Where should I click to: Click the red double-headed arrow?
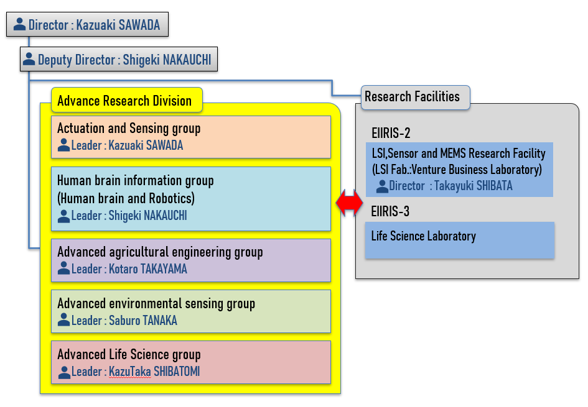[x=349, y=203]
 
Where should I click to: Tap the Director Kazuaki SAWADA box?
[x=87, y=24]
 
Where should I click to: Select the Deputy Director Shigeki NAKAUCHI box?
[x=119, y=59]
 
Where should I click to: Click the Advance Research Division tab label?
[x=127, y=100]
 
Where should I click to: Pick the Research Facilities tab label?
[x=415, y=98]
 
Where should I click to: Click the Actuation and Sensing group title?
[x=129, y=128]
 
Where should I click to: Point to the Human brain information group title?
[x=136, y=180]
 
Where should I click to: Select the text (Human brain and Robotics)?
[x=126, y=198]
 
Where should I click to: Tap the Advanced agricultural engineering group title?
[x=160, y=252]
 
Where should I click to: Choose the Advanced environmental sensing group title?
[x=156, y=304]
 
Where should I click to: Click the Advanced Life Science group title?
[x=129, y=355]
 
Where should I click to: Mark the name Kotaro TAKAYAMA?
[x=147, y=269]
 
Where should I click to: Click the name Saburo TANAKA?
[x=143, y=321]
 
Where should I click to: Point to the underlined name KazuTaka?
[x=130, y=372]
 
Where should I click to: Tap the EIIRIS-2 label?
[x=391, y=133]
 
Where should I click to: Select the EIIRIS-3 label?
[x=390, y=211]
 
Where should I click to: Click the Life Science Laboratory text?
[x=423, y=236]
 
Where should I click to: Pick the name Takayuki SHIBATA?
[x=474, y=186]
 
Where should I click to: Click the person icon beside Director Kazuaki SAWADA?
[x=19, y=24]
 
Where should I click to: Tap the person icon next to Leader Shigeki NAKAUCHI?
[x=63, y=216]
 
